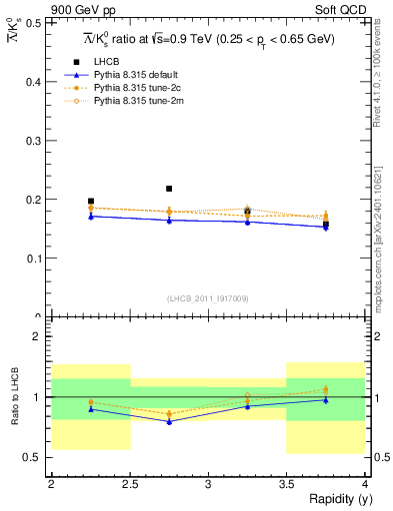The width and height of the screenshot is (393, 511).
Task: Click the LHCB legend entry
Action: pyautogui.click(x=107, y=62)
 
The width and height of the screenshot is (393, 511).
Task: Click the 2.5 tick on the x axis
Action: pyautogui.click(x=129, y=484)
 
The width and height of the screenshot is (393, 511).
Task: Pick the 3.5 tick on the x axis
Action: pyautogui.click(x=287, y=484)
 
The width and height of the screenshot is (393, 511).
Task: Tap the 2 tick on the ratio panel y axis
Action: pyautogui.click(x=40, y=337)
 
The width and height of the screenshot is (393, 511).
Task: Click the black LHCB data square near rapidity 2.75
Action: pyautogui.click(x=169, y=188)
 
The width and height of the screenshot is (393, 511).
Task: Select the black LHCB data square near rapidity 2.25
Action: pyautogui.click(x=90, y=201)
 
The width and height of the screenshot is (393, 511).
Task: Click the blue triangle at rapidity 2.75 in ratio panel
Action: pyautogui.click(x=169, y=421)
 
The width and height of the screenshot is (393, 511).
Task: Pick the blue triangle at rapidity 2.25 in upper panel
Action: pyautogui.click(x=90, y=216)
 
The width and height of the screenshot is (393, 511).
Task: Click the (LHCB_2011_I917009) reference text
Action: pyautogui.click(x=207, y=297)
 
